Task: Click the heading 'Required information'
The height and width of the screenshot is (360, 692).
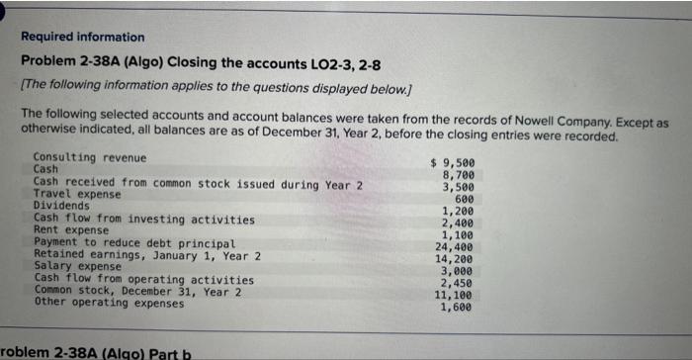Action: pyautogui.click(x=82, y=37)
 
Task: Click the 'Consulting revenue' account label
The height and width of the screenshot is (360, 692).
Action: pyautogui.click(x=89, y=158)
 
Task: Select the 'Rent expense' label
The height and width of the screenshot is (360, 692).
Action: pyautogui.click(x=72, y=229)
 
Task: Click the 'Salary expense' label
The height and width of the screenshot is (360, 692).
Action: pyautogui.click(x=77, y=266)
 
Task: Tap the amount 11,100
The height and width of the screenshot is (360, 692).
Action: pyautogui.click(x=456, y=294)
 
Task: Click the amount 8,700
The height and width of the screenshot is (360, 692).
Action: pyautogui.click(x=459, y=174)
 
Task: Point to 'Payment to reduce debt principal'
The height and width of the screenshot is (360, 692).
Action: pyautogui.click(x=133, y=242)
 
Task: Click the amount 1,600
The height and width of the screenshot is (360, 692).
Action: pyautogui.click(x=459, y=307)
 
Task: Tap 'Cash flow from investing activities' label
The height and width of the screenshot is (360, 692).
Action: pyautogui.click(x=143, y=219)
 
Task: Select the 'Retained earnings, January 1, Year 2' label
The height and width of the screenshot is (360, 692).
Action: pyautogui.click(x=146, y=254)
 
